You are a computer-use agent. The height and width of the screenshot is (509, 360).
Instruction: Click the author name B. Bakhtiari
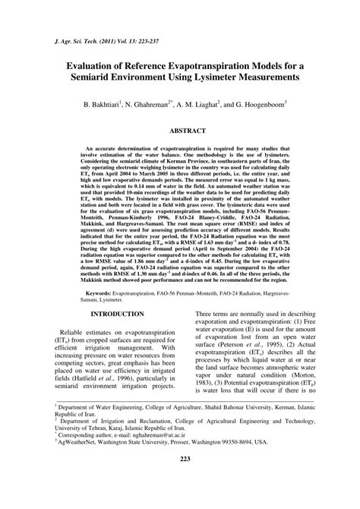(x=111, y=103)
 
